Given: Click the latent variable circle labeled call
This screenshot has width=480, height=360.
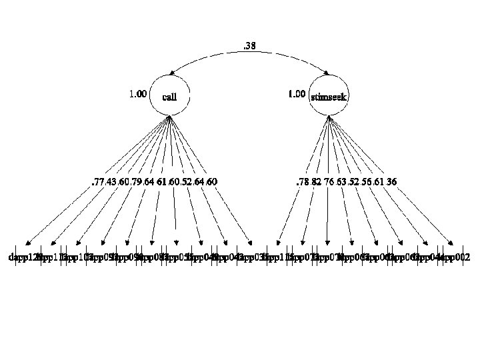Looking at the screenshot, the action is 170,97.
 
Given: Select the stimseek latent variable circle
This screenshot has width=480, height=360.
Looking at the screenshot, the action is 329,97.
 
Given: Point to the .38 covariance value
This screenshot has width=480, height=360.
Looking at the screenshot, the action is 250,46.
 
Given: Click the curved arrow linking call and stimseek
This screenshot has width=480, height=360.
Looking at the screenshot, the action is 250,55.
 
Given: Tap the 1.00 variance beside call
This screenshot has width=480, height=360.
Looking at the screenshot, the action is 137,94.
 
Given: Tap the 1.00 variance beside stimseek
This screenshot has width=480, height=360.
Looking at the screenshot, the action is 297,94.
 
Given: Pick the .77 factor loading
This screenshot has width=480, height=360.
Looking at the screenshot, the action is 98,181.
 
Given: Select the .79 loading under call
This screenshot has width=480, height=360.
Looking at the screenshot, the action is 139,181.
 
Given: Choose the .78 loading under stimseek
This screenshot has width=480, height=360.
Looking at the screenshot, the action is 302,181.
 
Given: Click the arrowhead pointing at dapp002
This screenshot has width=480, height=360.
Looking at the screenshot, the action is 452,244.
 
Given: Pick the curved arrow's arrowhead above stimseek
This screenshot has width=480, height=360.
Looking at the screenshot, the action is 329,74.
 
